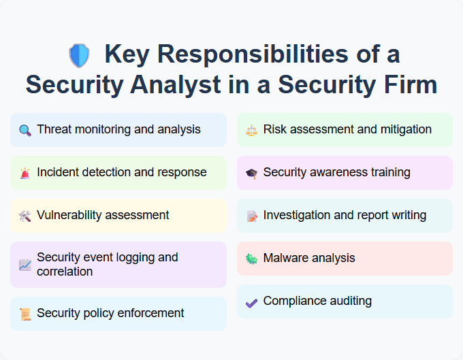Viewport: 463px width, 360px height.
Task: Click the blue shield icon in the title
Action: coord(79,55)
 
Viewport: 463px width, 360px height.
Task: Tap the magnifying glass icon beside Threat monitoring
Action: coord(25,130)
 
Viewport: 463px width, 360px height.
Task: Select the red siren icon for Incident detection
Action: coord(25,173)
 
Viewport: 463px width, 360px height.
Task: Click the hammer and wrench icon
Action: coord(25,216)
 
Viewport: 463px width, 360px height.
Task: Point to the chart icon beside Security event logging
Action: coord(25,265)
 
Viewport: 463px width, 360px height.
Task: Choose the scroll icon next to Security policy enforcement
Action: coord(25,314)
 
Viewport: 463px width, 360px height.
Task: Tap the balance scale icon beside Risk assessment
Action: coord(251,130)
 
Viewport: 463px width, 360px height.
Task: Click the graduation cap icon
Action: coord(251,173)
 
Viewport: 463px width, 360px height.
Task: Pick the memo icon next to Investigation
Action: coord(251,216)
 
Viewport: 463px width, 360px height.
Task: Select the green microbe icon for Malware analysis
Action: coord(251,259)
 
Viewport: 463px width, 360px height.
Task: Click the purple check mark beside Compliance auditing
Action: coord(251,301)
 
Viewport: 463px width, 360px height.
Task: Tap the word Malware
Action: coord(285,258)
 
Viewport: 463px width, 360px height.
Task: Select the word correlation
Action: coord(65,272)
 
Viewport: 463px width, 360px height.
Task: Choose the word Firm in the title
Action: coord(409,85)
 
